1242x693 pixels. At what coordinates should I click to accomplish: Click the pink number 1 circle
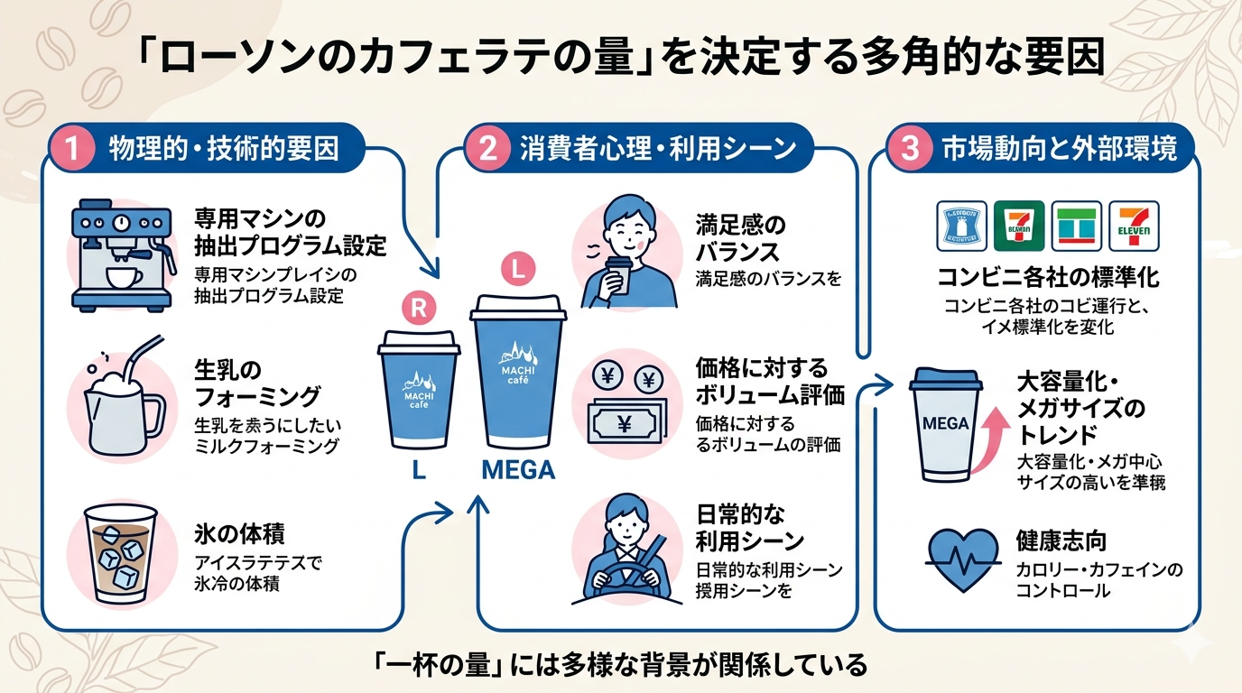(77, 149)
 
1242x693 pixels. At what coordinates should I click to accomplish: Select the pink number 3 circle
(909, 149)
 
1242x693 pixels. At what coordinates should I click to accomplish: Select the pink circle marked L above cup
(517, 268)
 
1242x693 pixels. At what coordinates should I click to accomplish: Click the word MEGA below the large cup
(517, 471)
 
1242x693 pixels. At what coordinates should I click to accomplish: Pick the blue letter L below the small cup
(419, 471)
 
